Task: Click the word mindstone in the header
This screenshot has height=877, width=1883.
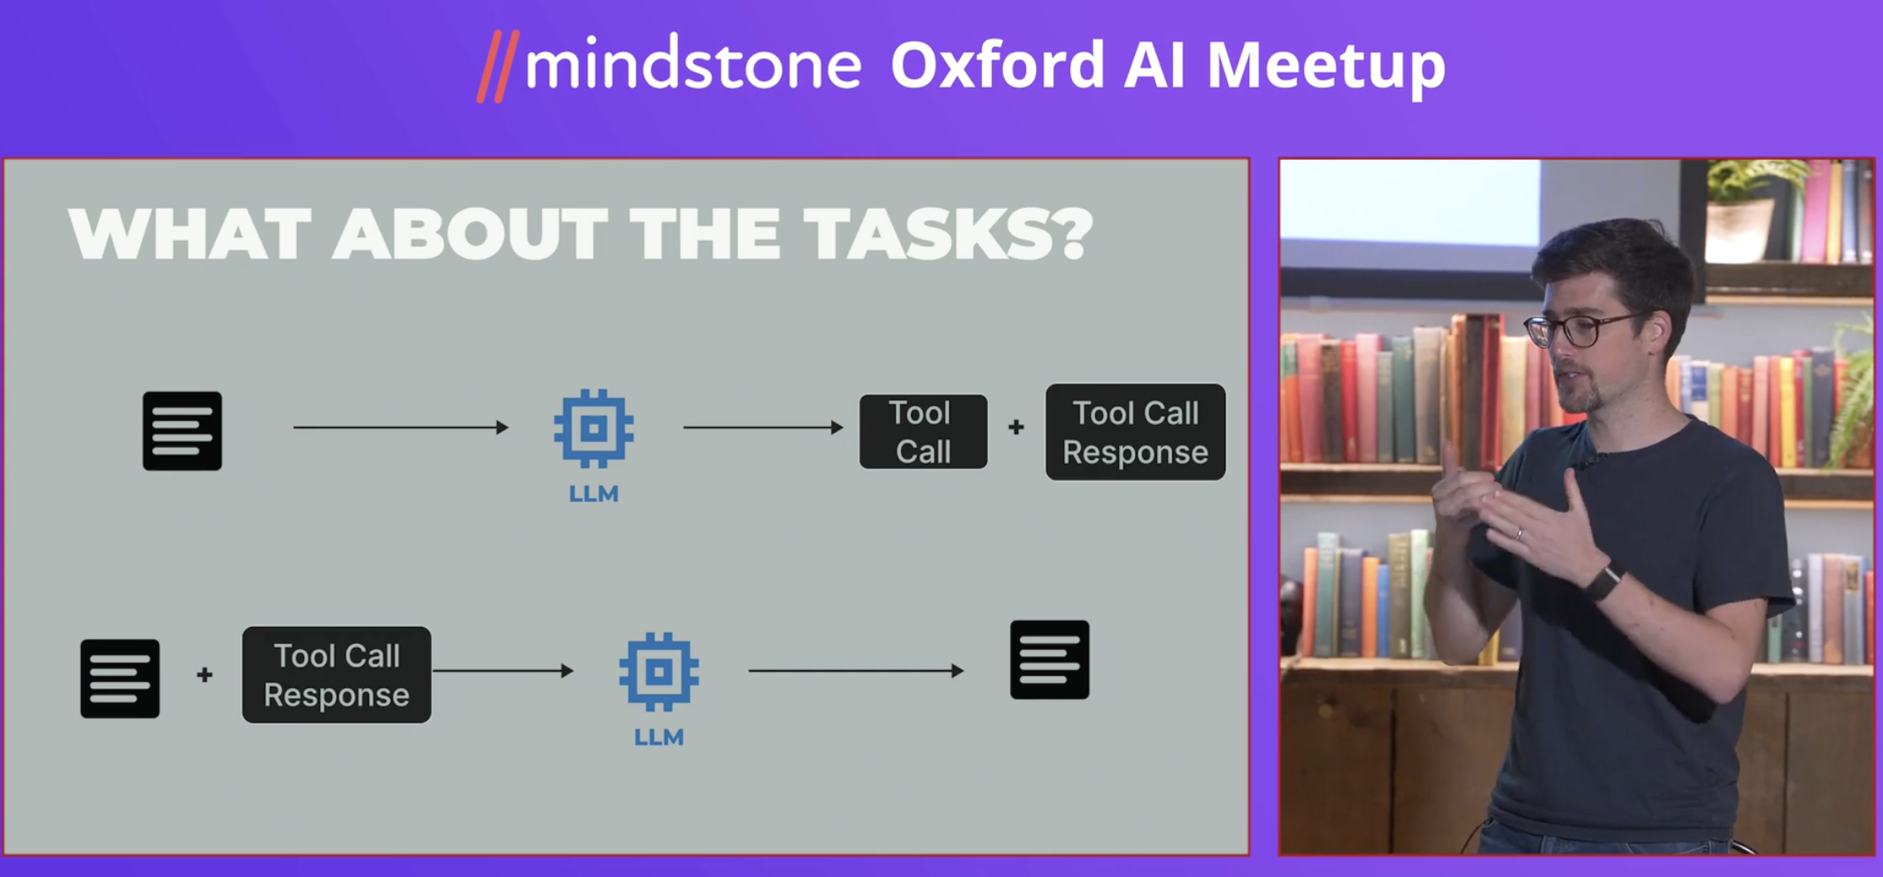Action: (x=693, y=64)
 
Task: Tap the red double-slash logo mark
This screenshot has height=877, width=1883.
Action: (x=498, y=67)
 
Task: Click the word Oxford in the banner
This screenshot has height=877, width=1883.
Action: (x=997, y=64)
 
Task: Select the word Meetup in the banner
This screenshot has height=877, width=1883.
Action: (x=1326, y=68)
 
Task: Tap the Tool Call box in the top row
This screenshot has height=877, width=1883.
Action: (x=923, y=432)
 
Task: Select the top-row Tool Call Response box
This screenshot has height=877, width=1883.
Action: (x=1135, y=432)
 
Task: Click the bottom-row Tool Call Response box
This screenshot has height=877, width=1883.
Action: (x=336, y=674)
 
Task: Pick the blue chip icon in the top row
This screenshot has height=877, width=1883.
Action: (x=593, y=428)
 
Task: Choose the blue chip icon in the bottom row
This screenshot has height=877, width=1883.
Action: (x=658, y=672)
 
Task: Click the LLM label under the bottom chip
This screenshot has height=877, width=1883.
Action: (x=658, y=737)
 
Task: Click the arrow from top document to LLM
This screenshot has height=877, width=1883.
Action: (x=401, y=428)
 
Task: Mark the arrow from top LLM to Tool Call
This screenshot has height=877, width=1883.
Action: (x=763, y=428)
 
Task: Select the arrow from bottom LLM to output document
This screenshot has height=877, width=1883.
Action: (x=856, y=671)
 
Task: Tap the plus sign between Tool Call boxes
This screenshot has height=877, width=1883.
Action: (x=1016, y=428)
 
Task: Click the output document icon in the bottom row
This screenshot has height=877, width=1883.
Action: (x=1050, y=660)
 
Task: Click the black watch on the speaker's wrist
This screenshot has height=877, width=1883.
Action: (x=1603, y=581)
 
